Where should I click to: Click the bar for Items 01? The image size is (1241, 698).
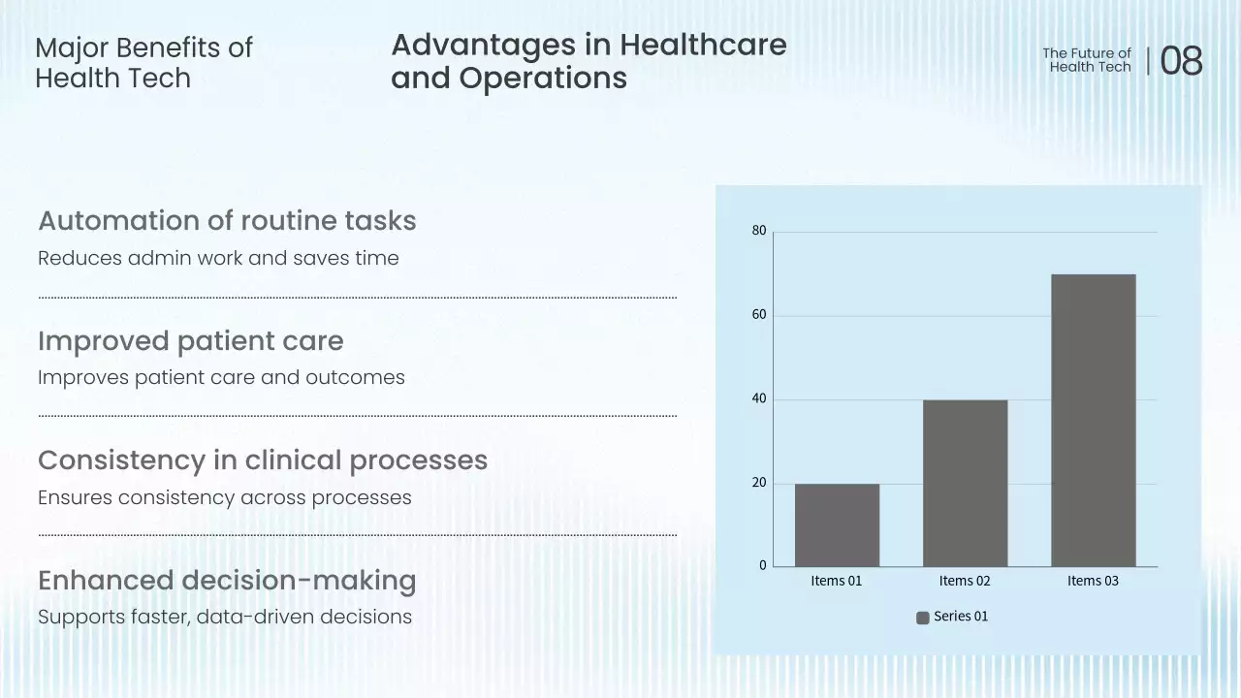coord(837,524)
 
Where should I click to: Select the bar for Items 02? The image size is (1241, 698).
coord(965,483)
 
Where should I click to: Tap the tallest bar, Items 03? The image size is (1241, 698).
coord(1093,420)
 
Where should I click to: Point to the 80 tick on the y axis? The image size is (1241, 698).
coord(759,231)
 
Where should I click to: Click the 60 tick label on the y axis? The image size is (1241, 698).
coord(759,315)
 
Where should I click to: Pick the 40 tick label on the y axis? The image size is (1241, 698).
coord(759,398)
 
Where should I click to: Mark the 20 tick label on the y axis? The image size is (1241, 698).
coord(759,483)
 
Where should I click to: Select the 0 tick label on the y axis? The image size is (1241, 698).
coord(763,566)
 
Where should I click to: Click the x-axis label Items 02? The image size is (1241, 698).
coord(965,581)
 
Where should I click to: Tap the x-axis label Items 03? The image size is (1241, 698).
coord(1093,581)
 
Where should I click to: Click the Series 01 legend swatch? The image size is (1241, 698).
coord(923,618)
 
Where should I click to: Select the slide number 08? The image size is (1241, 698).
coord(1181,61)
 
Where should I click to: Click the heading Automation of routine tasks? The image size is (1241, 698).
coord(227,221)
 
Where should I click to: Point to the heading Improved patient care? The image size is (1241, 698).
coord(190,341)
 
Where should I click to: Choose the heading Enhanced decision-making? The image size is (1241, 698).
coord(227,581)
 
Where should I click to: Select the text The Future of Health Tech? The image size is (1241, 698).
coord(1088,60)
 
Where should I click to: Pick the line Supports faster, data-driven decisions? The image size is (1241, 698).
coord(225,617)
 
